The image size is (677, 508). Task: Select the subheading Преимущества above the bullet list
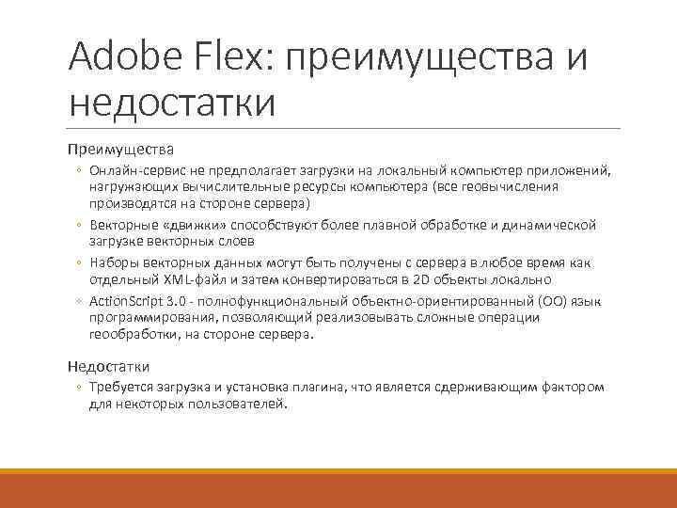point(120,149)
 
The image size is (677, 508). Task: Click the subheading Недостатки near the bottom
point(108,366)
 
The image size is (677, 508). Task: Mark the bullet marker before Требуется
point(80,388)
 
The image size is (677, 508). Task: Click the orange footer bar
point(338,488)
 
